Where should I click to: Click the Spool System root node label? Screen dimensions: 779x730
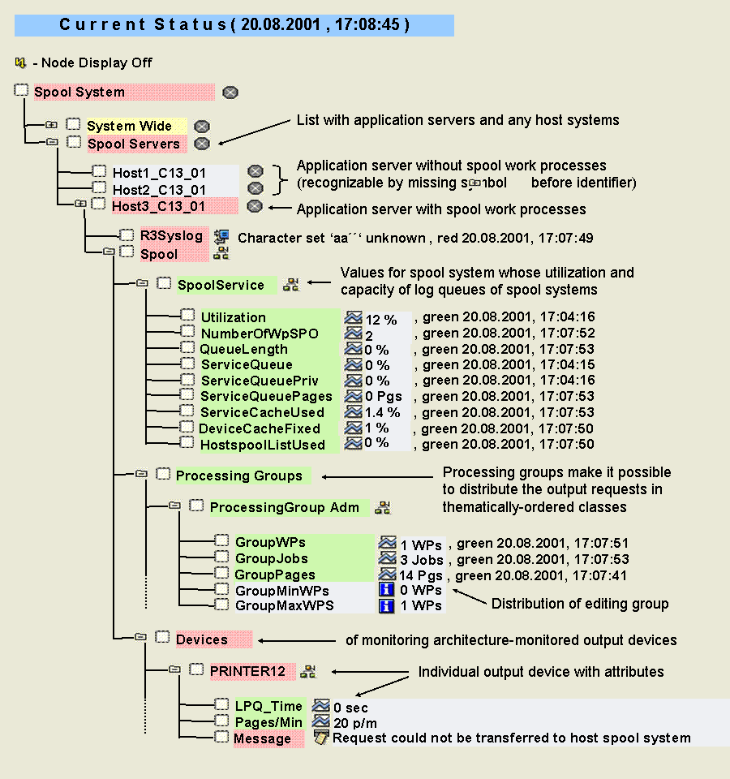coord(79,93)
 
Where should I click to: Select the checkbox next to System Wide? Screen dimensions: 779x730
coord(74,125)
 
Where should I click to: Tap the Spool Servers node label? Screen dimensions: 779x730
coord(134,144)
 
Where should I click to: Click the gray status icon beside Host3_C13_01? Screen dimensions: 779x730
coord(255,206)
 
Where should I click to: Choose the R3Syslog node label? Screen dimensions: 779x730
coord(171,236)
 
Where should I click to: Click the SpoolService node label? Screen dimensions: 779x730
coord(221,285)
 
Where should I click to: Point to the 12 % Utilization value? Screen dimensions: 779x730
coord(380,318)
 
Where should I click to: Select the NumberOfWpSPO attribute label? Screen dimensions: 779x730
coord(260,334)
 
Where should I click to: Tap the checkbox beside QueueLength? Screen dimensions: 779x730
coord(186,348)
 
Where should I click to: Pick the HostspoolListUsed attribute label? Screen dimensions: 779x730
coord(263,445)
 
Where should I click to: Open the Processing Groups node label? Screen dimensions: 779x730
coord(238,476)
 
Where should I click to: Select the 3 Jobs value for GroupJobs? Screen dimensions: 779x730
coord(421,559)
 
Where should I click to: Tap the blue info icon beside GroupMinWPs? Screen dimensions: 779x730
coord(387,590)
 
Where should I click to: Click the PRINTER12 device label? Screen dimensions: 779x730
coord(247,671)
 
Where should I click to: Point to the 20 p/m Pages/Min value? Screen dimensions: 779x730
coord(354,723)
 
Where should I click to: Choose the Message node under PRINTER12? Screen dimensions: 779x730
coord(262,738)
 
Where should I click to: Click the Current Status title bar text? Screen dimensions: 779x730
coord(234,24)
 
